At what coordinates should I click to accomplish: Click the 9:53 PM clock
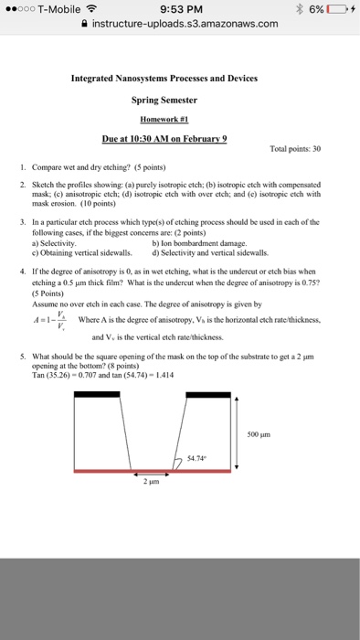(179, 9)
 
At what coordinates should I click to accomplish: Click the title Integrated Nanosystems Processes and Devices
(179, 79)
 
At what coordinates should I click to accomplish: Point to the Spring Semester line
(179, 101)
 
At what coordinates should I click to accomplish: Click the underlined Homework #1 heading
(179, 120)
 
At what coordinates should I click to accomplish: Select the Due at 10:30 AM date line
(179, 140)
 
